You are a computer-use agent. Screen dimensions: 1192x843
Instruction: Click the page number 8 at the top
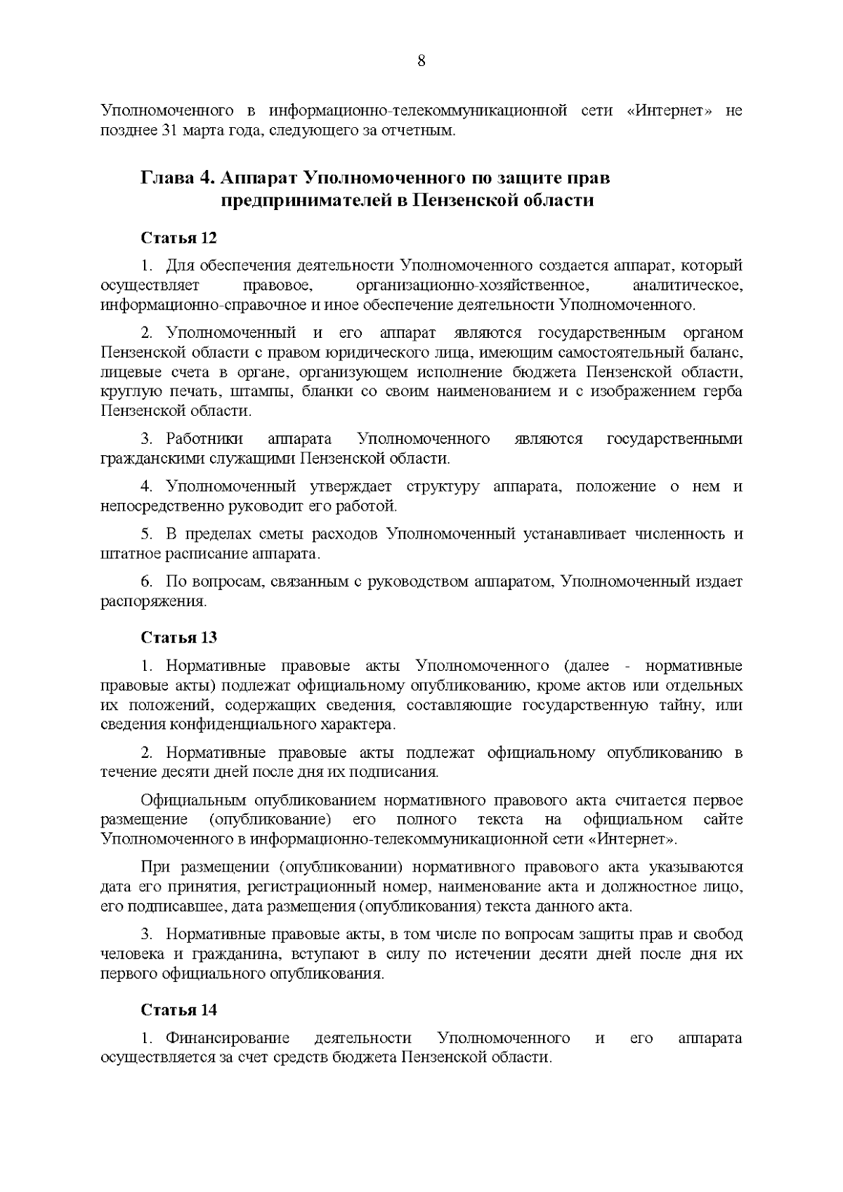point(421,60)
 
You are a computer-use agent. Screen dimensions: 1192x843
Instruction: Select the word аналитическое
point(687,286)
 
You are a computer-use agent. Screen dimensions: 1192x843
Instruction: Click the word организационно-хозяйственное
point(471,286)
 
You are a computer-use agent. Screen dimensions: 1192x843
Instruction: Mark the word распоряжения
point(154,602)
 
